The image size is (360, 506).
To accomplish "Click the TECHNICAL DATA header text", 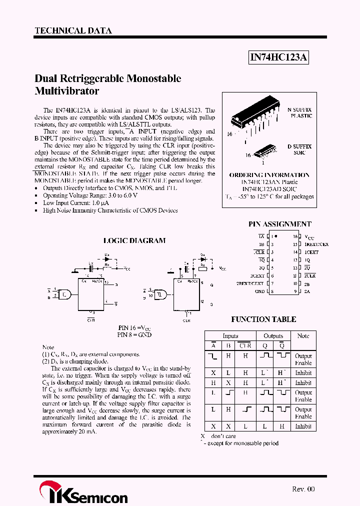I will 73,30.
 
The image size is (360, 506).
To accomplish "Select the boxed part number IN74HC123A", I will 279,58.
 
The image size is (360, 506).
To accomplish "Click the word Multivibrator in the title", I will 67,91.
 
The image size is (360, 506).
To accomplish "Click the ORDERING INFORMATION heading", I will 269,175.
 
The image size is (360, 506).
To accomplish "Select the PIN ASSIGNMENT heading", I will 279,224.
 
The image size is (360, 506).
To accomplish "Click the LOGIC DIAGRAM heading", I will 134,240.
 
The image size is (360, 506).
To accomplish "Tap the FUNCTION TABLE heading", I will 263,319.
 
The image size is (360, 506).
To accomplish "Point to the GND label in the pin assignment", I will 259,291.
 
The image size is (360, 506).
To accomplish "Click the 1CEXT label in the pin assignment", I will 311,252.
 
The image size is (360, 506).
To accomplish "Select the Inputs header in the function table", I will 230,336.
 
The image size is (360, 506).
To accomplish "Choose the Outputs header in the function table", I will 273,336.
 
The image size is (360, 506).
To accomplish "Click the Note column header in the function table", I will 303,336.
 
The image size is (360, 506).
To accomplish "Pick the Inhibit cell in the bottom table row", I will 303,426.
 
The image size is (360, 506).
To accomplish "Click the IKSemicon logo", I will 83,492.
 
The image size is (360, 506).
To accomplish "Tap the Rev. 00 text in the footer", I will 303,489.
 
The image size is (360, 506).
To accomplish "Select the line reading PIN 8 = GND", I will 134,334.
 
